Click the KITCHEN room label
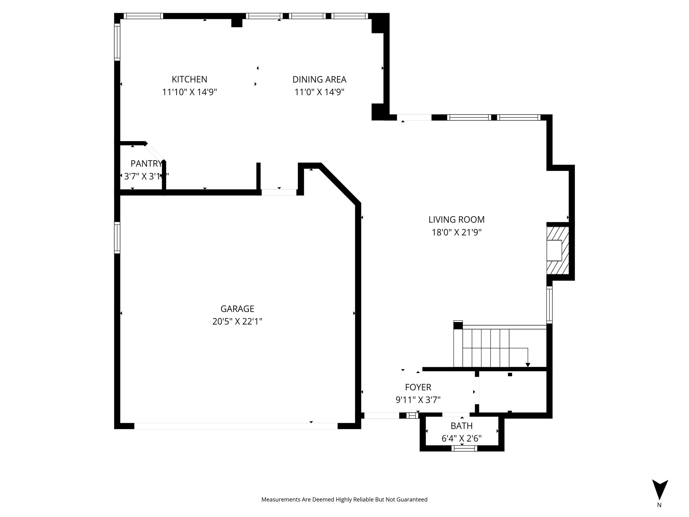pyautogui.click(x=189, y=79)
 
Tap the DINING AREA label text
pyautogui.click(x=319, y=80)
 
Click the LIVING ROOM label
pyautogui.click(x=457, y=220)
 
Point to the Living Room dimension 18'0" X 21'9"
pyautogui.click(x=457, y=233)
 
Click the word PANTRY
pyautogui.click(x=146, y=164)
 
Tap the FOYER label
pyautogui.click(x=418, y=387)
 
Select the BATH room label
pyautogui.click(x=462, y=426)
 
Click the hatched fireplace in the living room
pyautogui.click(x=558, y=251)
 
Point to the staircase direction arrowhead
pyautogui.click(x=528, y=365)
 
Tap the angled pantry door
pyautogui.click(x=155, y=152)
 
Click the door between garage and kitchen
pyautogui.click(x=279, y=193)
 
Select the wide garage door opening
pyautogui.click(x=235, y=426)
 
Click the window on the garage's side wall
pyautogui.click(x=117, y=238)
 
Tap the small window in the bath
pyautogui.click(x=464, y=448)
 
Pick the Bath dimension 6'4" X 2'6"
pyautogui.click(x=462, y=439)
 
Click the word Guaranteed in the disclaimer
pyautogui.click(x=412, y=499)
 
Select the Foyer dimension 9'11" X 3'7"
pyautogui.click(x=418, y=400)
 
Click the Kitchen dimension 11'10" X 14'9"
pyautogui.click(x=189, y=92)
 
